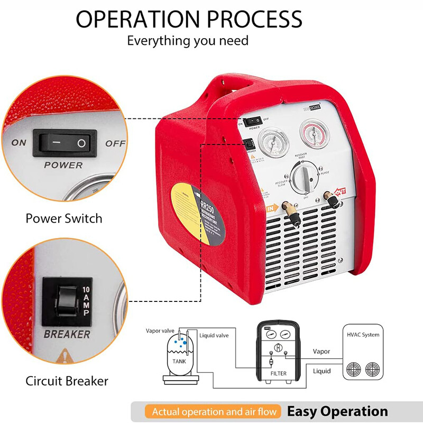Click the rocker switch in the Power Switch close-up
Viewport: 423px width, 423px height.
pyautogui.click(x=65, y=143)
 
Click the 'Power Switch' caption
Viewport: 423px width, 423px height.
pyautogui.click(x=64, y=218)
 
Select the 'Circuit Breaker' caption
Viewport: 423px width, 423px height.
pyautogui.click(x=67, y=381)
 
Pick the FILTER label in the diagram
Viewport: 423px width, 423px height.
pyautogui.click(x=278, y=373)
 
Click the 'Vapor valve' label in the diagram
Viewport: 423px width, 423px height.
pyautogui.click(x=160, y=330)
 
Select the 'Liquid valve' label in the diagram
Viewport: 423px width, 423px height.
pyautogui.click(x=214, y=335)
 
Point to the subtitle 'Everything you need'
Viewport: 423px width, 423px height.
pyautogui.click(x=188, y=41)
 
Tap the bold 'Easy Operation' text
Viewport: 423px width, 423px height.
pyautogui.click(x=337, y=411)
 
